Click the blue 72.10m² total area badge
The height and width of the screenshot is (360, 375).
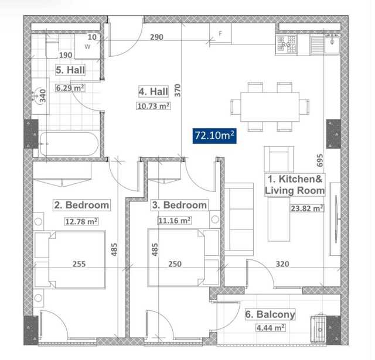[214, 136]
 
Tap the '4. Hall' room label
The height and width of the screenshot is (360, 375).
[154, 91]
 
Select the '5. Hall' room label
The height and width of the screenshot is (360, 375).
[70, 70]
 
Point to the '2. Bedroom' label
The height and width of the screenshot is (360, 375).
[81, 205]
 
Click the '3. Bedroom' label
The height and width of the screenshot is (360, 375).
[179, 205]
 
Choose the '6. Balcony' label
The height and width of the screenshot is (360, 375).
[270, 314]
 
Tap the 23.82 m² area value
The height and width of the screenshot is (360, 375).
[307, 208]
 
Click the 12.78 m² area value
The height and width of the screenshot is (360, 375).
[81, 221]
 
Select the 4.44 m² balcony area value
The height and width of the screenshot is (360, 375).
[271, 327]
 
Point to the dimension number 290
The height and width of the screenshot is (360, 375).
[156, 37]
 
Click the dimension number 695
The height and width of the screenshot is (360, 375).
[320, 160]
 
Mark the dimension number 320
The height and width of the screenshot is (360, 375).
[282, 264]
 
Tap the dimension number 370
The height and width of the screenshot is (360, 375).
[178, 90]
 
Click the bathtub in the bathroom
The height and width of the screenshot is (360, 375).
[69, 144]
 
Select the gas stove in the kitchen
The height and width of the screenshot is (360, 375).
[287, 44]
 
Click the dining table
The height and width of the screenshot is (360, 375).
[270, 107]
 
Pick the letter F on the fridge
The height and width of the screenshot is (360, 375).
[220, 33]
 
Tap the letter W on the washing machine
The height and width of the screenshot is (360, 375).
[87, 47]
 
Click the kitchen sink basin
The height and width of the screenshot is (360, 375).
[332, 45]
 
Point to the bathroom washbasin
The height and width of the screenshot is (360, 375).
[39, 96]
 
